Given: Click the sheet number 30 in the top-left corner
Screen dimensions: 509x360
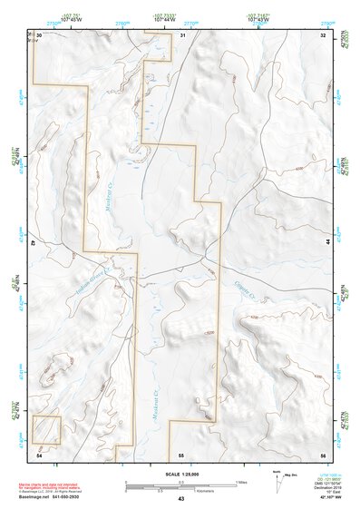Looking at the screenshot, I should [39, 34].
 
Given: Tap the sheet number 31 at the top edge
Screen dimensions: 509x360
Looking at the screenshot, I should [182, 34].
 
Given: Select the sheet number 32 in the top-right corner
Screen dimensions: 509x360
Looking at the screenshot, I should [323, 34].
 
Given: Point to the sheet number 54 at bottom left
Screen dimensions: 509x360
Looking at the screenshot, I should [39, 453].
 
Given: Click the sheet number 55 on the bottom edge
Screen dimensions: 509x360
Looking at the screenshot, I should [181, 453].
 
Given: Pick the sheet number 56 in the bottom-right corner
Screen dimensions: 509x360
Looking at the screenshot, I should [323, 453].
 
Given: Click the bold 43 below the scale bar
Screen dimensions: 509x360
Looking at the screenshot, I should [181, 498].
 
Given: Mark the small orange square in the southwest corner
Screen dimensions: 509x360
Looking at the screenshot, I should [46, 428].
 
